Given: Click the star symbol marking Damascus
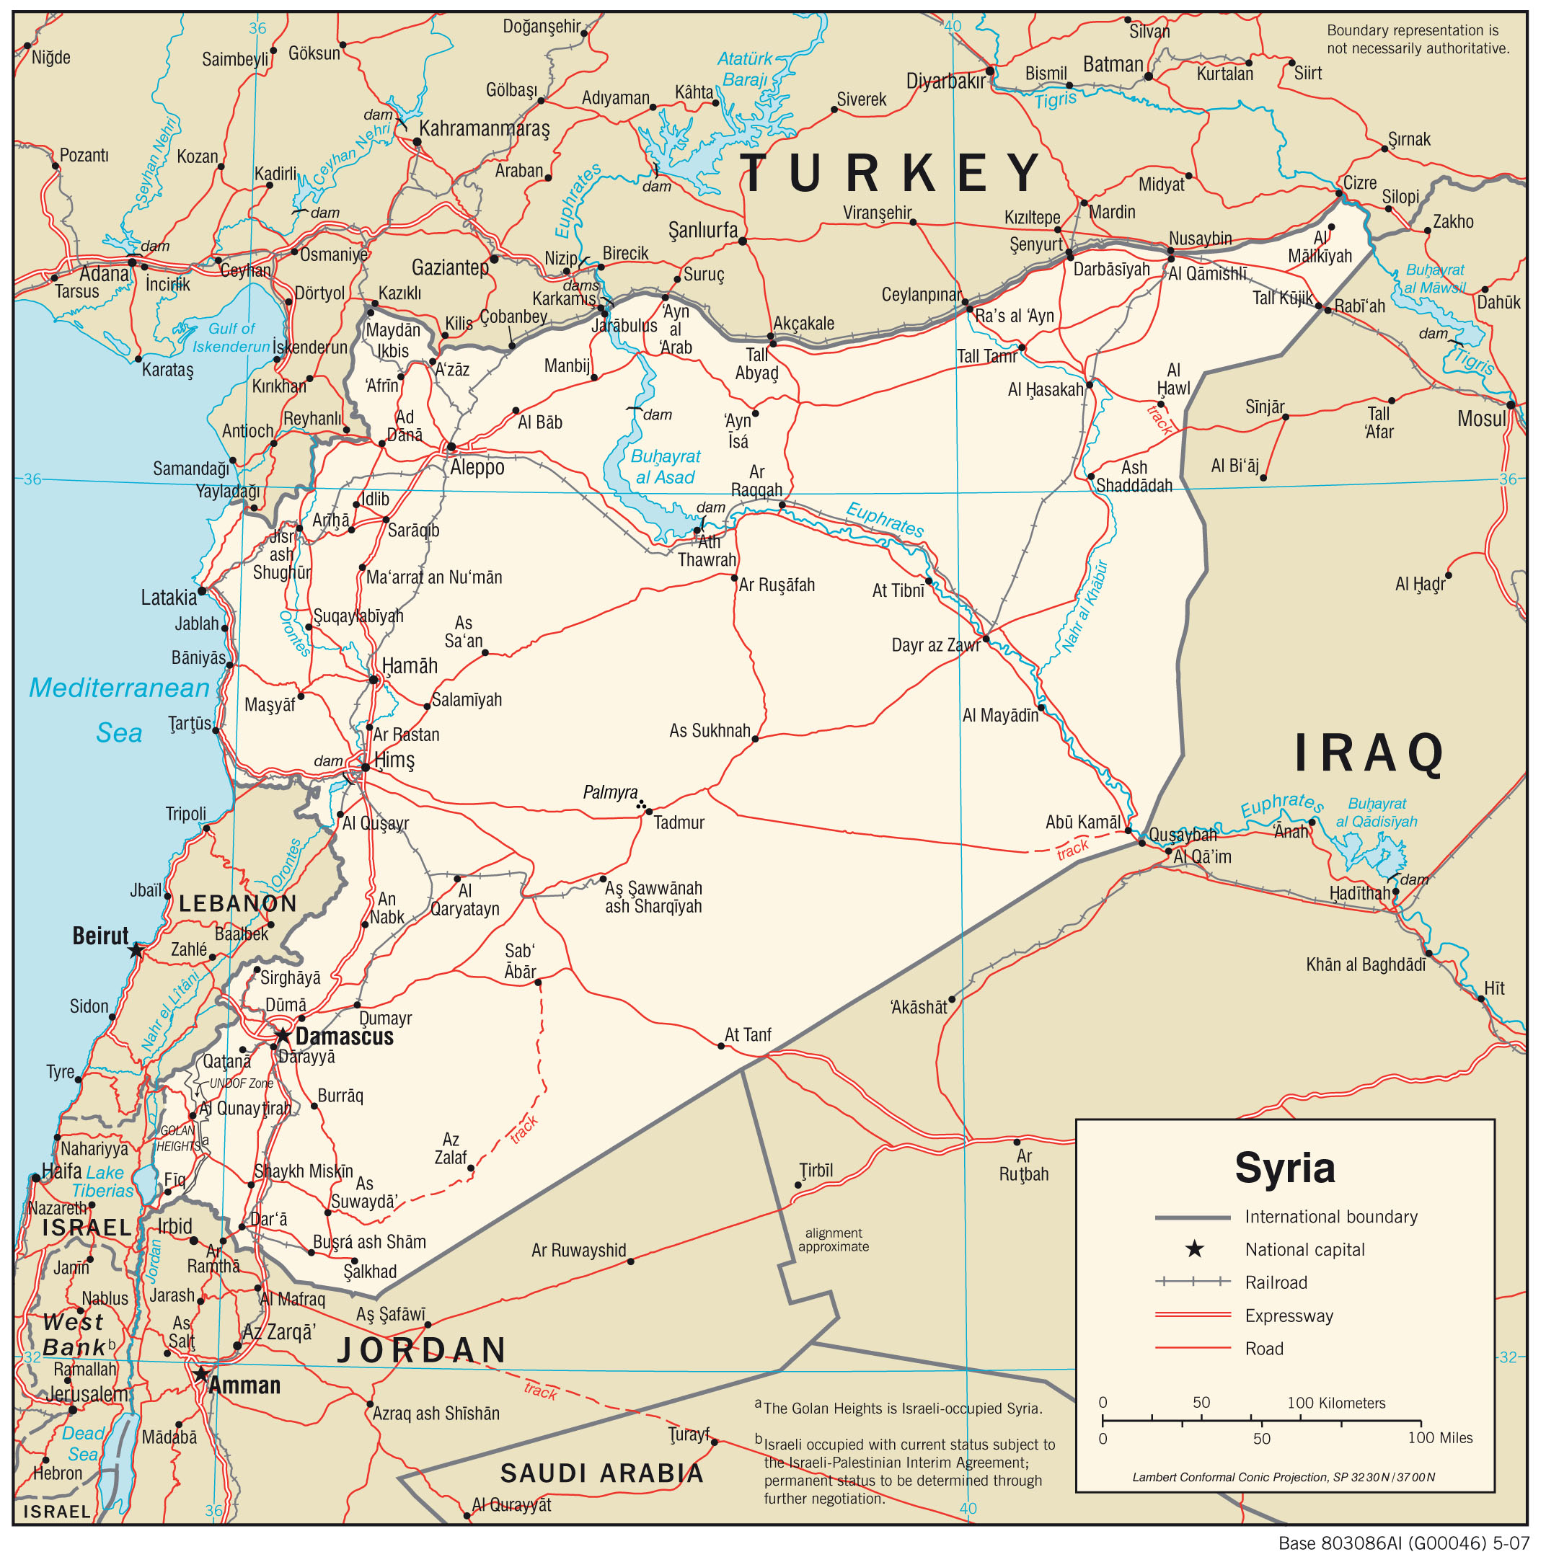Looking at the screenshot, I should (283, 1036).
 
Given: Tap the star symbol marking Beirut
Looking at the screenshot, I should (136, 951).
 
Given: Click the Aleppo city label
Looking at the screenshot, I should (477, 467).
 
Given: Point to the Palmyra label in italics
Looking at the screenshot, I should (610, 793).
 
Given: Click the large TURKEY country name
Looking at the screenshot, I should (891, 173).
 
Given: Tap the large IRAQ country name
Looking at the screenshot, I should (1369, 753).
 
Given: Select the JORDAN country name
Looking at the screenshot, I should (423, 1350).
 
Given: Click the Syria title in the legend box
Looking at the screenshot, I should (1285, 1168).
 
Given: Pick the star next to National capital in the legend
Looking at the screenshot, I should (1194, 1250).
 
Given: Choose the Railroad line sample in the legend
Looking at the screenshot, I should (1192, 1282).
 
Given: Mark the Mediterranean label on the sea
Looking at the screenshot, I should (119, 688).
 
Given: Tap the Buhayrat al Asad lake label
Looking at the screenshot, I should (665, 466).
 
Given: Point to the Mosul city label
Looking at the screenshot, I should (1480, 419).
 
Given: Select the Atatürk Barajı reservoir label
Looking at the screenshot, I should (744, 69).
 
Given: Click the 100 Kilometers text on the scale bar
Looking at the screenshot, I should (1335, 1403).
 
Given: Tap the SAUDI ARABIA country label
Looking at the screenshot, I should (602, 1473).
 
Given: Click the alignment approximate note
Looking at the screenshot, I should (834, 1240).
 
